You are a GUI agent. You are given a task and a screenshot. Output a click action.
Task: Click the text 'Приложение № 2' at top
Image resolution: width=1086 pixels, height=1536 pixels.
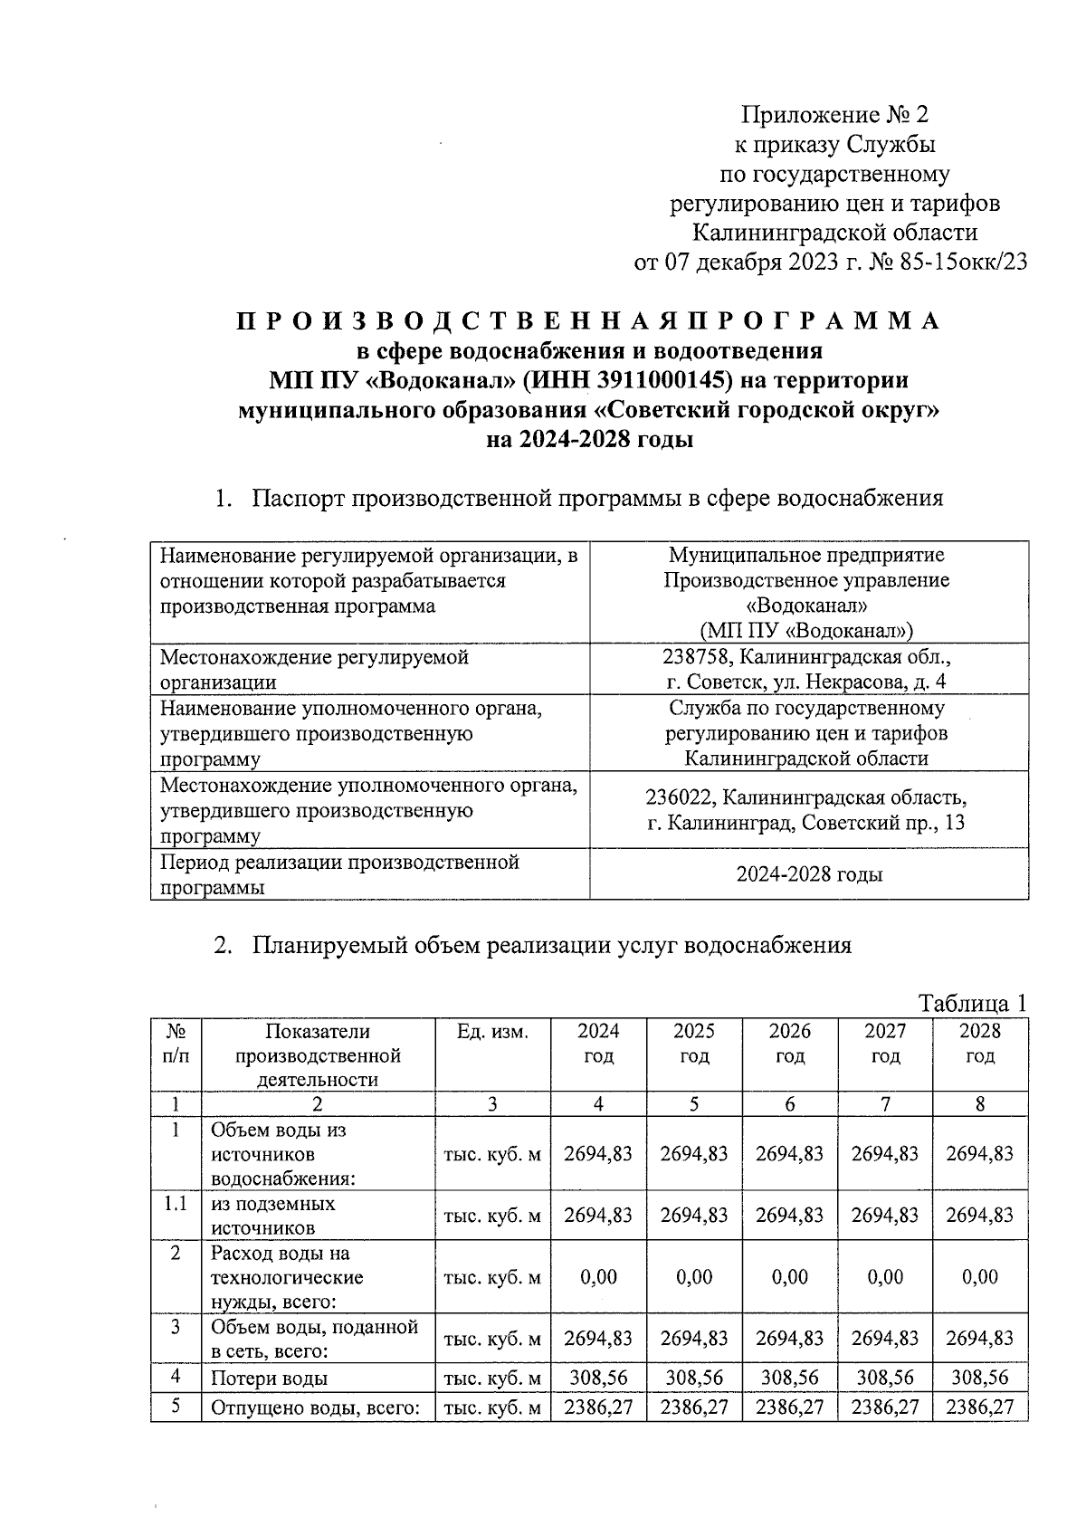[x=834, y=115]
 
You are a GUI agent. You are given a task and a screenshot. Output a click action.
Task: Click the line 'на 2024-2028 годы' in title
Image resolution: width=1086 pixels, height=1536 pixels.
[x=589, y=439]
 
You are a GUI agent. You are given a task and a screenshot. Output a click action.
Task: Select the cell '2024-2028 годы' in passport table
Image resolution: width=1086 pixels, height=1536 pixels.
[x=808, y=874]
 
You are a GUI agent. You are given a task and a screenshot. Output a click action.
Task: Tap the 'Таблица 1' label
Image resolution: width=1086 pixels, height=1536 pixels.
[x=973, y=1003]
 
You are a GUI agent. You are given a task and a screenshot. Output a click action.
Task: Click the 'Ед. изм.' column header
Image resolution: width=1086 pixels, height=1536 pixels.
[x=492, y=1031]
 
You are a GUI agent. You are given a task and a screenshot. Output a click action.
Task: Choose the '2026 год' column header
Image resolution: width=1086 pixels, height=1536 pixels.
[x=789, y=1044]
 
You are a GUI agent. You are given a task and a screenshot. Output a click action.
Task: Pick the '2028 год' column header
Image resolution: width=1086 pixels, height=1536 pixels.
[x=979, y=1044]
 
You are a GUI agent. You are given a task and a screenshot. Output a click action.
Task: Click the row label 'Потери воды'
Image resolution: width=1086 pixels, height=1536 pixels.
[x=269, y=1379]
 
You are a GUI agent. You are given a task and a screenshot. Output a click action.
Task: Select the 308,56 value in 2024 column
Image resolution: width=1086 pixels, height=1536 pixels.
[x=597, y=1378]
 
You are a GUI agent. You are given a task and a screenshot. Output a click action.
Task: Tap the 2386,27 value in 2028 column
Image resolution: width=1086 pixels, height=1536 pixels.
[x=979, y=1407]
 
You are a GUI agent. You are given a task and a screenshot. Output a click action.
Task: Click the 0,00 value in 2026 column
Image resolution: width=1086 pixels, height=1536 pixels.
[x=789, y=1277]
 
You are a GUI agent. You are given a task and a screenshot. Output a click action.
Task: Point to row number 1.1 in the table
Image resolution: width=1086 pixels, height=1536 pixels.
[x=176, y=1204]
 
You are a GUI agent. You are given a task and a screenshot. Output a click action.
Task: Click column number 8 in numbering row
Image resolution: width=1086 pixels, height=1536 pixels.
[x=979, y=1103]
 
